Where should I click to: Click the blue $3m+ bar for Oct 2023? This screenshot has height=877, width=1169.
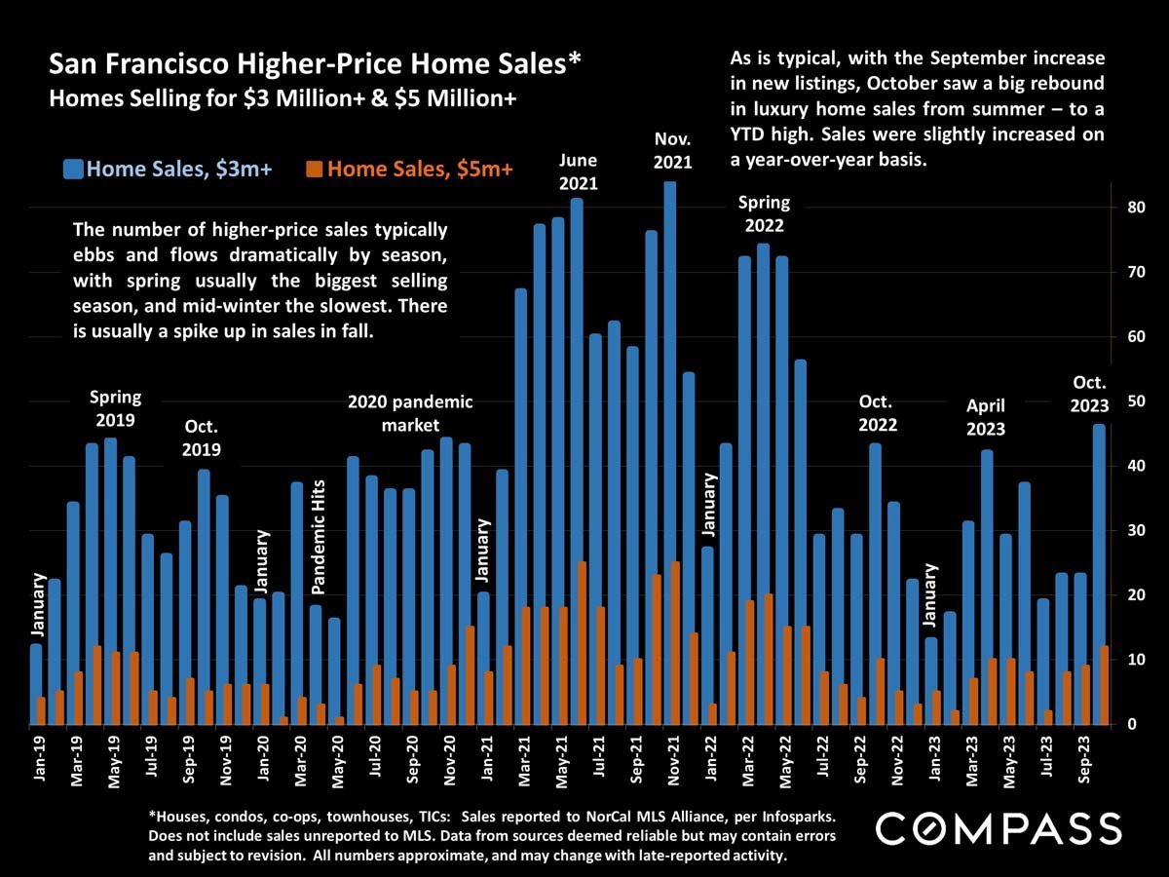coord(1098,575)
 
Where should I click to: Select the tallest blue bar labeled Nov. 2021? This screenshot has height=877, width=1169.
coord(669,448)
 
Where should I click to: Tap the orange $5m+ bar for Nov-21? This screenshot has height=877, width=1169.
coord(676,643)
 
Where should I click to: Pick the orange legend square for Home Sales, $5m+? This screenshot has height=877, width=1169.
coord(314,170)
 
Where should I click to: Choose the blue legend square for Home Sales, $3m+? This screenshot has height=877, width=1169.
coord(73,170)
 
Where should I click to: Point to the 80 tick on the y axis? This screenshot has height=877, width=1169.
coord(1130,208)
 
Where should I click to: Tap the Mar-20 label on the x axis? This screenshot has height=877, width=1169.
coord(301,770)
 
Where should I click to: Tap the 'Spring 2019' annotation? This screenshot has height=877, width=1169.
coord(115,408)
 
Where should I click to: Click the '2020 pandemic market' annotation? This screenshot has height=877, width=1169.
coord(410,413)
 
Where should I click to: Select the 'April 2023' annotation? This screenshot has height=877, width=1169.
coord(985,416)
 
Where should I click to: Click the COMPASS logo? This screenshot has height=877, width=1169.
coord(999,828)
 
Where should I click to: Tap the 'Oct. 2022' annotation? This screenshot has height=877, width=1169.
coord(877,413)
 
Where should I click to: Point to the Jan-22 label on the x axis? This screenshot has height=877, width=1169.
coord(711,770)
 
